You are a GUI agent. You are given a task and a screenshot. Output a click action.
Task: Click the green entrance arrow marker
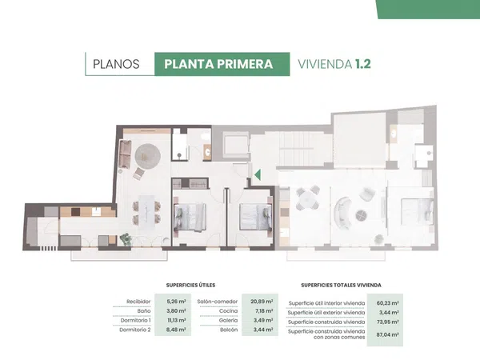click(258, 174)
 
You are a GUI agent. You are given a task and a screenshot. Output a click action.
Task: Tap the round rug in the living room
click(148, 156)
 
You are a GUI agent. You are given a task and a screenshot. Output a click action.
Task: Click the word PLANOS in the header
click(116, 64)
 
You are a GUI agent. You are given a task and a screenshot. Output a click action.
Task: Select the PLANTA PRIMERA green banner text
click(218, 64)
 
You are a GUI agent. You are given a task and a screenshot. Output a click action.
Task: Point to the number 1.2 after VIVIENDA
click(362, 64)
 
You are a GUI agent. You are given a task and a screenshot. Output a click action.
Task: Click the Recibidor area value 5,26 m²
click(176, 302)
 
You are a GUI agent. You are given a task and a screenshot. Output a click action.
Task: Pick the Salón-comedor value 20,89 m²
click(262, 302)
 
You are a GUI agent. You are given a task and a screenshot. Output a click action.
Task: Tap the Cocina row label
click(228, 310)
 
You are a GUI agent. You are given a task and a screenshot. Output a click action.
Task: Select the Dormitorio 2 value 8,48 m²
click(176, 330)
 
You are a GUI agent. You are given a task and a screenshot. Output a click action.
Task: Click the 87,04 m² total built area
click(387, 334)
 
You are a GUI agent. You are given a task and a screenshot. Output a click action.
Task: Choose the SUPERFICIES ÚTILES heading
click(190, 285)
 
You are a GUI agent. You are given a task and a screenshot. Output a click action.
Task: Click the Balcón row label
click(229, 330)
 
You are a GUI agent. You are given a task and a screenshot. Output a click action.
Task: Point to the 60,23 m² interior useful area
click(387, 303)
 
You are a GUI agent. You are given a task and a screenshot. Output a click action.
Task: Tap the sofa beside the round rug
click(125, 154)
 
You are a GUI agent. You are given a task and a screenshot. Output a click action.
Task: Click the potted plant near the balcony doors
click(126, 239)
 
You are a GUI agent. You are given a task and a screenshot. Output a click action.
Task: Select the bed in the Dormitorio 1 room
click(190, 217)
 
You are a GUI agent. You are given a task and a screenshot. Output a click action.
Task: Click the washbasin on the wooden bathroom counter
click(208, 151)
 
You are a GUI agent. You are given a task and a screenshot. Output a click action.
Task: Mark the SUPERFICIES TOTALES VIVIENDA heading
click(341, 285)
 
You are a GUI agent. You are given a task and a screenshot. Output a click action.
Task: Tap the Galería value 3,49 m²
click(263, 320)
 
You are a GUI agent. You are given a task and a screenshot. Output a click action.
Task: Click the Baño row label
click(144, 310)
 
